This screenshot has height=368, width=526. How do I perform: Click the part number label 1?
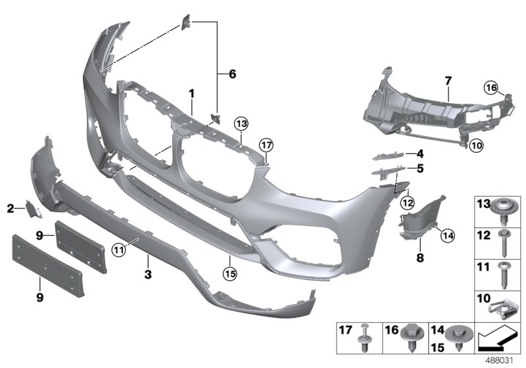[191, 94]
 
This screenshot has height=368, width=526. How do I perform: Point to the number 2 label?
[11, 209]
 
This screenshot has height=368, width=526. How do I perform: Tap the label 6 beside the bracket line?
[231, 74]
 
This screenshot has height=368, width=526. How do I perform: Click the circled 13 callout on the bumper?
[241, 123]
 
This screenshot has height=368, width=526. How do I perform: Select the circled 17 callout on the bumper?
[265, 144]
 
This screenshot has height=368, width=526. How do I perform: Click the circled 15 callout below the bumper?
[229, 270]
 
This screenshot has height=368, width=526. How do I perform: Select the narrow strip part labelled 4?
[388, 155]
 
